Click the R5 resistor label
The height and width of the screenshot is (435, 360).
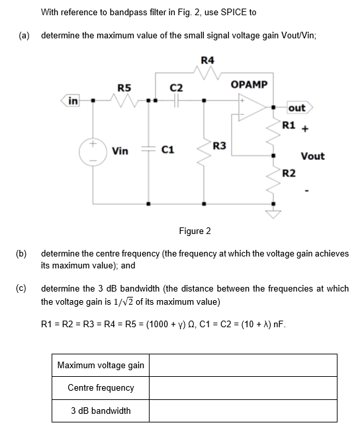(124, 87)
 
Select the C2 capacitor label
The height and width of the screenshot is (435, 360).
(176, 87)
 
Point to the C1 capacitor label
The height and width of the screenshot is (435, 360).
(168, 151)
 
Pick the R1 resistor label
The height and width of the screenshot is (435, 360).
(289, 125)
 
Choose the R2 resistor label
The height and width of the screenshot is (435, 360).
(289, 173)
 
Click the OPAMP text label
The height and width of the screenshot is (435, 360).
(249, 85)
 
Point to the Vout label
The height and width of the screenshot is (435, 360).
(312, 156)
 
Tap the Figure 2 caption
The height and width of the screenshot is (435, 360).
(195, 231)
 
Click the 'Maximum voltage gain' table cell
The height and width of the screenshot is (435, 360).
(101, 366)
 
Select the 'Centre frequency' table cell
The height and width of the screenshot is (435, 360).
(101, 388)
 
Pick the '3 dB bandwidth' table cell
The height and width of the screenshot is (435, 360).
(101, 411)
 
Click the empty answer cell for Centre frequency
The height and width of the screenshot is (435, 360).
(242, 388)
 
